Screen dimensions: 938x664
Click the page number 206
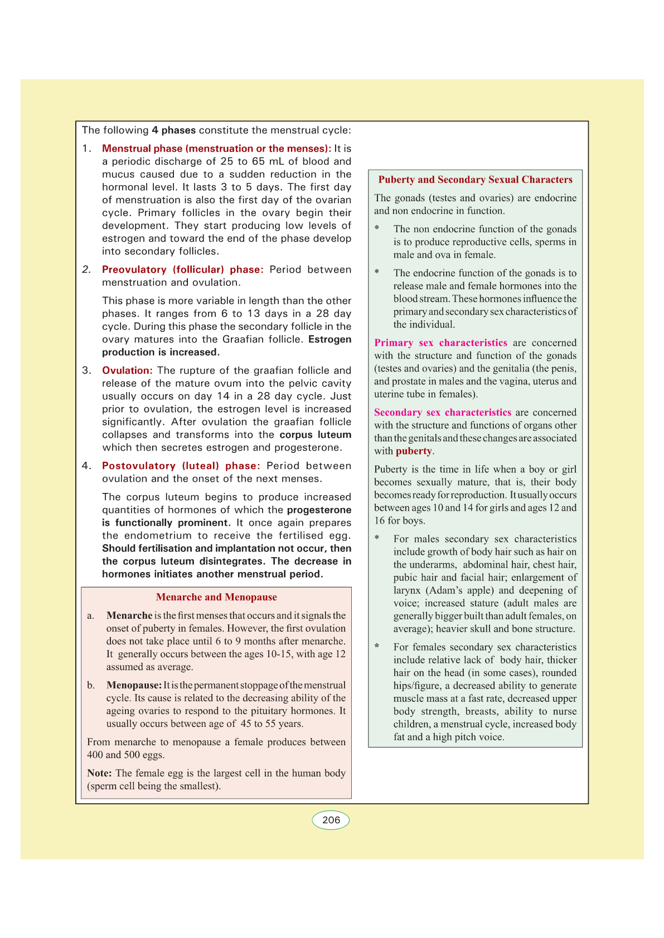click(331, 820)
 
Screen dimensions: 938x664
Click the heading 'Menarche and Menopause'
click(216, 597)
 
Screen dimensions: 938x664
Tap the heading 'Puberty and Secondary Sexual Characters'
click(475, 179)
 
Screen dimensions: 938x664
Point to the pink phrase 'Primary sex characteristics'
click(440, 343)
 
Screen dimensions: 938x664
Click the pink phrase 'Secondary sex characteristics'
click(442, 412)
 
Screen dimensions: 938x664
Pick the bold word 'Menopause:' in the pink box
click(134, 685)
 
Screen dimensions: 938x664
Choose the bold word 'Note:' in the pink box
click(99, 773)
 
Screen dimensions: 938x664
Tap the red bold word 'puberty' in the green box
click(414, 451)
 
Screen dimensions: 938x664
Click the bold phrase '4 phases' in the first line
click(173, 130)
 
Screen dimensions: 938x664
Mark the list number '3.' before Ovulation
click(87, 370)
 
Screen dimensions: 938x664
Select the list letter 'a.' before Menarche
click(91, 615)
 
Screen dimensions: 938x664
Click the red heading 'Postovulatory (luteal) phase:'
click(181, 466)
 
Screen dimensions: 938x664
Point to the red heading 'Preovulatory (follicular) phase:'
click(182, 270)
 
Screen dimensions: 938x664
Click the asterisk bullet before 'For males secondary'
click(377, 539)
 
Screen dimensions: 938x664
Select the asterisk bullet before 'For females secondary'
click(377, 647)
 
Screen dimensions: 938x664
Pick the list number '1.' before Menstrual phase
click(87, 149)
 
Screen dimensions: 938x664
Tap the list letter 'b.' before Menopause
click(91, 685)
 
